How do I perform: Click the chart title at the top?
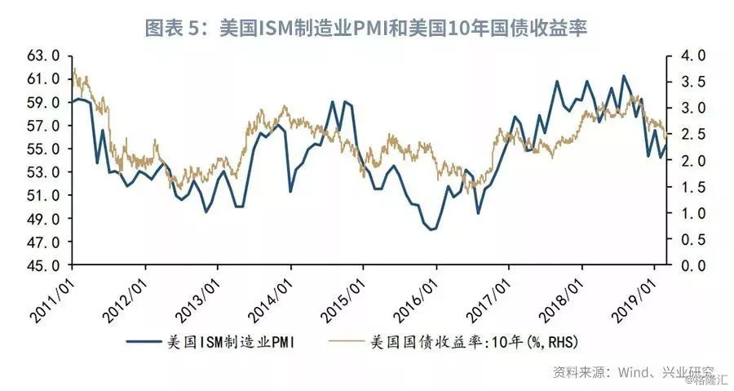[365, 28]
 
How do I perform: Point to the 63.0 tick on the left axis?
[43, 56]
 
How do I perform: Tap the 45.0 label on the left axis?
[43, 265]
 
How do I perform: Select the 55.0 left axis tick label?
[43, 149]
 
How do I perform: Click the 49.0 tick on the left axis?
[43, 219]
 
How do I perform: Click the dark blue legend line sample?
[144, 342]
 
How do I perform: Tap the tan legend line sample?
[347, 342]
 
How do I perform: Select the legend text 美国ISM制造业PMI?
[232, 342]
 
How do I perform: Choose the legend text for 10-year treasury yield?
[474, 342]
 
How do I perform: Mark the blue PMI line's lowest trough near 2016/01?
[431, 229]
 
